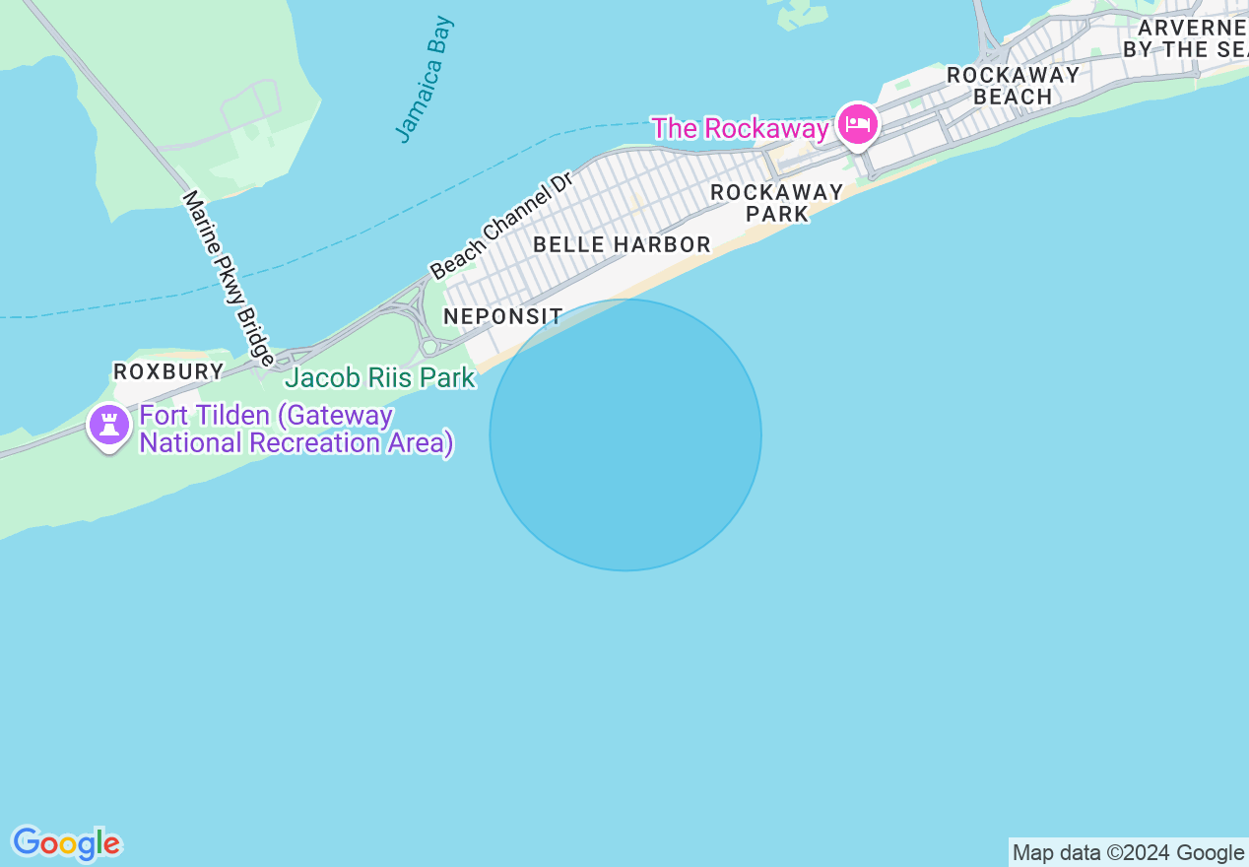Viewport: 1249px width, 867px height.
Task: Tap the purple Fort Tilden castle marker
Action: (x=109, y=426)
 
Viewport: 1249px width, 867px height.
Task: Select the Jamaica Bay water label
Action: (x=425, y=79)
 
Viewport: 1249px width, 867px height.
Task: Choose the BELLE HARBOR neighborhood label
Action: (x=622, y=244)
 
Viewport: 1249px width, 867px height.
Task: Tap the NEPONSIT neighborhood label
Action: (x=502, y=316)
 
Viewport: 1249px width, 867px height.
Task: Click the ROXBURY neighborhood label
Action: (x=168, y=371)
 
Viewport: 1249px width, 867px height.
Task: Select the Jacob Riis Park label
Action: (x=379, y=377)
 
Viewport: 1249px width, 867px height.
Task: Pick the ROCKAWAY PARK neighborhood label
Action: (x=776, y=203)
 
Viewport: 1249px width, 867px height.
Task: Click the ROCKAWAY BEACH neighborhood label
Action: (x=1013, y=86)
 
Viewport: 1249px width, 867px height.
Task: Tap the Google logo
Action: (x=66, y=843)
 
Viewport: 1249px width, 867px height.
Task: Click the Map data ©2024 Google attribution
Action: (x=1128, y=853)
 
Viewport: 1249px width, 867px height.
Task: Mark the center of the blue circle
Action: (x=625, y=434)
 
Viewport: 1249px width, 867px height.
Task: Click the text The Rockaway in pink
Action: (x=740, y=128)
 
